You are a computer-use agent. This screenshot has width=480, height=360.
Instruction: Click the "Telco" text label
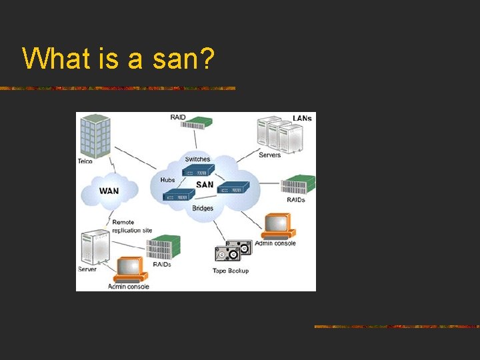85,161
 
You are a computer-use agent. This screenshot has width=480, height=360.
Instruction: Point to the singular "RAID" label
178,117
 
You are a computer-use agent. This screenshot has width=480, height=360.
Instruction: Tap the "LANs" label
302,118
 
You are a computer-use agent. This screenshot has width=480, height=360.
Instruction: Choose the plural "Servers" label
269,155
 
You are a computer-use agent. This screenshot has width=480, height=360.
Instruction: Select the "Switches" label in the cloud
197,159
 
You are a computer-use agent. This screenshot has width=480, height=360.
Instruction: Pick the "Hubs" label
167,180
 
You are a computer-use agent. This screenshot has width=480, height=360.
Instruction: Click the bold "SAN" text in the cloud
205,184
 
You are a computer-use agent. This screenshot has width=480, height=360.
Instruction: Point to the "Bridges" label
202,208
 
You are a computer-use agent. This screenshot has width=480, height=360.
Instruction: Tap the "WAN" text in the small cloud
109,191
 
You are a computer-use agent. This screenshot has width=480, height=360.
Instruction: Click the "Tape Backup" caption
231,271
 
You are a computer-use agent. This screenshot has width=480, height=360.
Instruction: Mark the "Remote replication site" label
131,227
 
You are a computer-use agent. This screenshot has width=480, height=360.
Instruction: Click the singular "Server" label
87,269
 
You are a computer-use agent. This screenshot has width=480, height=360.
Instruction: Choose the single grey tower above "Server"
94,247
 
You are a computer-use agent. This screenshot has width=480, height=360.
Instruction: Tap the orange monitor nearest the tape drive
277,225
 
